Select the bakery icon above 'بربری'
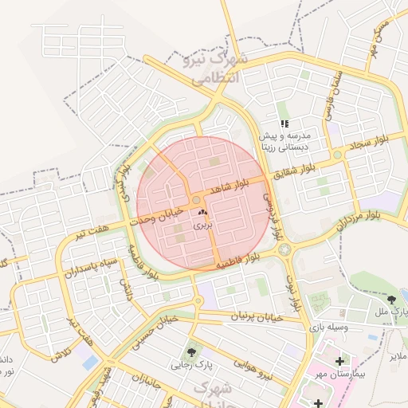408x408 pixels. click(201, 213)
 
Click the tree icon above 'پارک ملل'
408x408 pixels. click(390, 300)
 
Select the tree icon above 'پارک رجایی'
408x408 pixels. click(191, 351)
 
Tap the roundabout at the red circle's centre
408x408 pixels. click(196, 200)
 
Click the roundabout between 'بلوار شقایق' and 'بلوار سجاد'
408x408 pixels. click(338, 155)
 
